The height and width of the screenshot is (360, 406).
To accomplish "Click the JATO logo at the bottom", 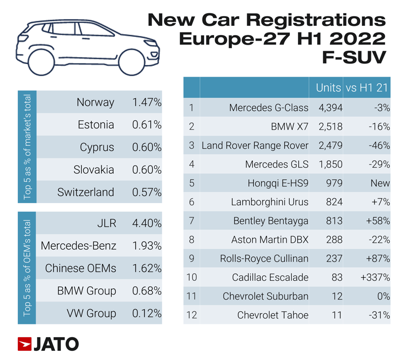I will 48,344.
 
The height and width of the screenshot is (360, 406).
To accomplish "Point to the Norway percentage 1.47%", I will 147,103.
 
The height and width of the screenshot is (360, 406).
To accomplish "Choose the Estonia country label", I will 96,125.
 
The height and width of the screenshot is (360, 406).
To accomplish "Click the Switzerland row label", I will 86,192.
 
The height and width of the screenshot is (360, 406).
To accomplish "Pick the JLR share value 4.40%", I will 147,223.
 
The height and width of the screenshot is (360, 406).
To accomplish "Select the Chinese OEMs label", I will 81,268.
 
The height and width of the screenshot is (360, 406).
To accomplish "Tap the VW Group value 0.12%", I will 147,313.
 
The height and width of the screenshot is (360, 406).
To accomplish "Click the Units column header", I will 328,87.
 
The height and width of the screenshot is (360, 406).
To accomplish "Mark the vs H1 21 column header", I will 367,87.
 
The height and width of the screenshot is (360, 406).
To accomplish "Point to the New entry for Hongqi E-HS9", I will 380,183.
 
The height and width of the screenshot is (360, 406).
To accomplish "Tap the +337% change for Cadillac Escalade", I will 375,277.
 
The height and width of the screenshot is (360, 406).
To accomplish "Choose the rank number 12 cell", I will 191,315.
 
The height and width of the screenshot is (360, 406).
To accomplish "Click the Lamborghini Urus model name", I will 269,202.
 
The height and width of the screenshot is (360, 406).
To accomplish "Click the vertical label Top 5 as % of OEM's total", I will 27,268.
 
